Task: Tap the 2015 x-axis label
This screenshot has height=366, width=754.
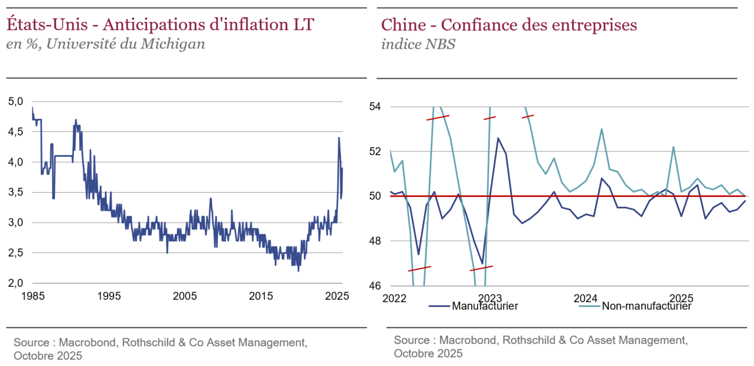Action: [x=262, y=296]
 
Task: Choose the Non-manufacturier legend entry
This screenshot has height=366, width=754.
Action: [x=646, y=306]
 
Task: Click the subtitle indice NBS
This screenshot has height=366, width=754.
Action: [x=418, y=45]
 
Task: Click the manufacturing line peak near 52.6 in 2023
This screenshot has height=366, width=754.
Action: [x=498, y=138]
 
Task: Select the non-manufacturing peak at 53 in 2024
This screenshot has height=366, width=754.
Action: [x=601, y=129]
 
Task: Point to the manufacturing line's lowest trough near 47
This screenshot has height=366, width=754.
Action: [x=483, y=264]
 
